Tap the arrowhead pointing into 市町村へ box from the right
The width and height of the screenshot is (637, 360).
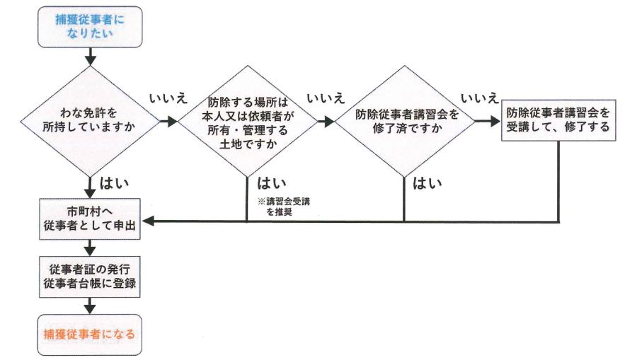150,221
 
